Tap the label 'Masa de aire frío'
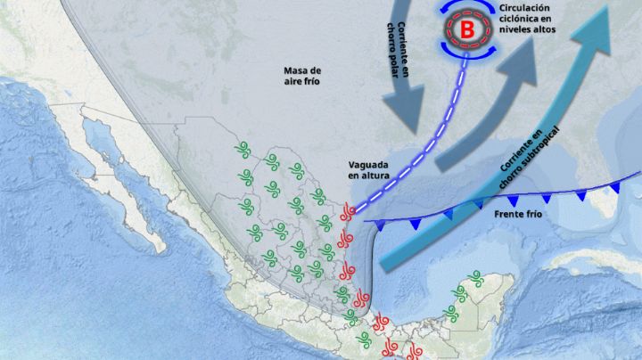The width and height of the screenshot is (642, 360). tap(301, 76)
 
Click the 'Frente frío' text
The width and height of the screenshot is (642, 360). tap(518, 214)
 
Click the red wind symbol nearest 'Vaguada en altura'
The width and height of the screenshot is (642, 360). tap(349, 212)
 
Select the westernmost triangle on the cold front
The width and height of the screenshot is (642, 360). tap(390, 225)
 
